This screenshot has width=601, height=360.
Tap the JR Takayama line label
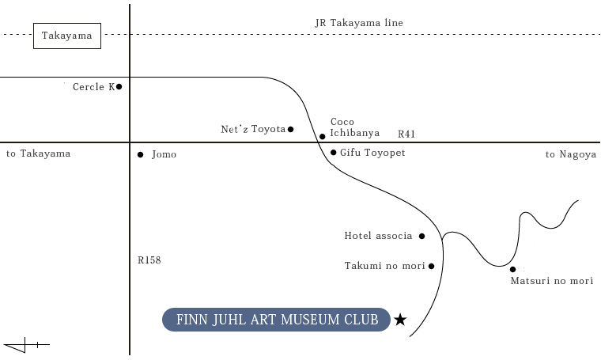click(x=359, y=23)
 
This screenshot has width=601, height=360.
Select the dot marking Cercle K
click(x=119, y=87)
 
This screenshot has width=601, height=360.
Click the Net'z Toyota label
click(x=253, y=129)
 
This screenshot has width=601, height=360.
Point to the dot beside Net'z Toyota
click(x=290, y=129)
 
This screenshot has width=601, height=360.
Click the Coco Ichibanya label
click(x=355, y=127)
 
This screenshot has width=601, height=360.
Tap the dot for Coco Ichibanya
click(x=323, y=137)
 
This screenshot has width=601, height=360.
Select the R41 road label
click(x=406, y=134)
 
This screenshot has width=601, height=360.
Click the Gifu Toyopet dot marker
click(x=334, y=152)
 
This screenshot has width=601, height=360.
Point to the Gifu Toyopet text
click(x=372, y=153)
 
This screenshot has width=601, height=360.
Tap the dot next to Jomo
click(x=140, y=154)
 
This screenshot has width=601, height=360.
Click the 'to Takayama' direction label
click(x=38, y=153)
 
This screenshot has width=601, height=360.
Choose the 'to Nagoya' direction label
click(x=571, y=154)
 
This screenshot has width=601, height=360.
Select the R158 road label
click(x=149, y=260)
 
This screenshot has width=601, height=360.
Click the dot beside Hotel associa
click(x=421, y=236)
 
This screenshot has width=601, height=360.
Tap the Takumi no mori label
click(x=385, y=266)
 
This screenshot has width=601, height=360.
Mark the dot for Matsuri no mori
click(x=513, y=269)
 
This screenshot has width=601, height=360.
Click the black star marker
click(x=400, y=320)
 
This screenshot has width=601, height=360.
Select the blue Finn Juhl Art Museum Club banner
click(x=276, y=320)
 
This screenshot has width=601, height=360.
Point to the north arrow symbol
click(x=26, y=345)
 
